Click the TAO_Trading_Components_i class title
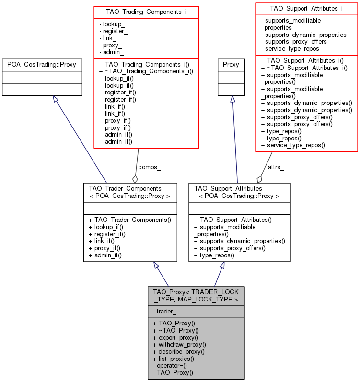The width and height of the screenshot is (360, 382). point(146,12)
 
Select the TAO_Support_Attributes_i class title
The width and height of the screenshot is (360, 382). point(306,9)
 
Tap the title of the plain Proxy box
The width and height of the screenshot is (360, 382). point(231,65)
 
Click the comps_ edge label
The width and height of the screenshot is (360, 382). point(150,167)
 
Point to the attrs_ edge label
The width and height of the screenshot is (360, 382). point(276,167)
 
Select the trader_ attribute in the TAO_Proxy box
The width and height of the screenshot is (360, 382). point(164,312)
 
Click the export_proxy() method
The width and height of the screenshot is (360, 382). point(175,337)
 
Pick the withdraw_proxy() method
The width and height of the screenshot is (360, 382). point(179,345)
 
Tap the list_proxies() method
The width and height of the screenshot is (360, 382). point(174,359)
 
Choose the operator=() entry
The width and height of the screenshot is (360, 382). point(170,366)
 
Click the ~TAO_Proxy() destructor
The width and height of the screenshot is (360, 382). point(175,331)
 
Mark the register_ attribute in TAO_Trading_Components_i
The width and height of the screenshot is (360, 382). point(113,31)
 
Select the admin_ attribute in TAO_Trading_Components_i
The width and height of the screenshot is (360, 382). point(111,52)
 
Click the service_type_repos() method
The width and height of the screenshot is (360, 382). point(293,145)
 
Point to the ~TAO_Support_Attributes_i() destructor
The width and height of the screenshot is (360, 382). point(304,68)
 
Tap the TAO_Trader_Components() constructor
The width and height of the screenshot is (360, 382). point(130,220)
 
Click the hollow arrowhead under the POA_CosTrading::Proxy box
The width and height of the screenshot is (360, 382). point(56,99)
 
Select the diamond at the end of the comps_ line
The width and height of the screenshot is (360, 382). point(135,179)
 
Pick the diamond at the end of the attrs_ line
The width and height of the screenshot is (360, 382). point(260,179)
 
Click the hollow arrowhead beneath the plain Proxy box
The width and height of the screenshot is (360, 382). point(233,99)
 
